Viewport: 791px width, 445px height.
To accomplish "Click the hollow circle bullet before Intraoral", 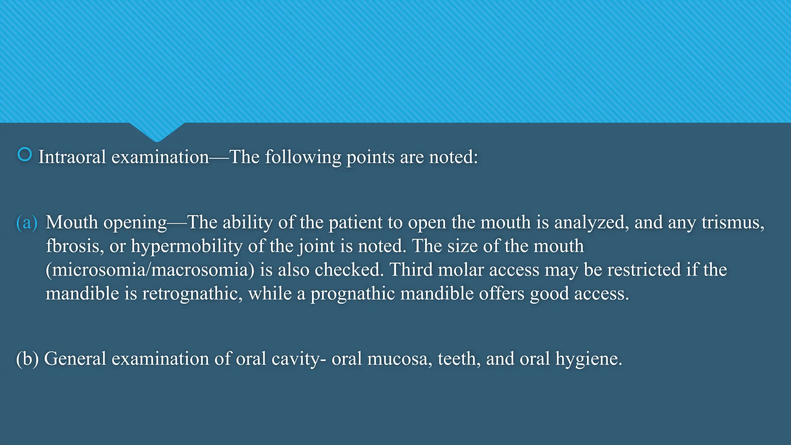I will coord(25,155).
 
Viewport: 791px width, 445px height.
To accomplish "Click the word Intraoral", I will coord(72,157).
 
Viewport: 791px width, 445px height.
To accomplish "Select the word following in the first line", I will coord(303,157).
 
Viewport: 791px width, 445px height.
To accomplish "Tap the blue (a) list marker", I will coord(27,223).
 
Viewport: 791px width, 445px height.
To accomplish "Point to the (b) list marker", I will coord(27,359).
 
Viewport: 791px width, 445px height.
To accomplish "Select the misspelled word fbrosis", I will coord(75,246).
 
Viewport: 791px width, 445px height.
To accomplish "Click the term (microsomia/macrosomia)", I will coord(150,270).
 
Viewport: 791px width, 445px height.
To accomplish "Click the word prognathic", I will coord(353,294).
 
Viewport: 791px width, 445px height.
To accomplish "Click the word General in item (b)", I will coord(75,359).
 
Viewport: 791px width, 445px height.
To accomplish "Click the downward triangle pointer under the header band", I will coord(157,131).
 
